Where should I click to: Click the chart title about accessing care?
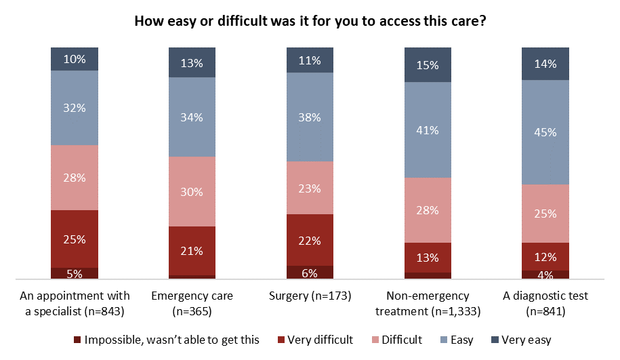310,21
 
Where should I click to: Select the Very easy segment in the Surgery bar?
310,60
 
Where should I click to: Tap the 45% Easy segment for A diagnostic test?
545,132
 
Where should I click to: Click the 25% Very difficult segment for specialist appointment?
75,239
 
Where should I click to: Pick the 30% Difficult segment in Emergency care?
192,191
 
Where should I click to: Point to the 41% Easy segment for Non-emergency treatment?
428,129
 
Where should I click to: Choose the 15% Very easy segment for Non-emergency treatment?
428,65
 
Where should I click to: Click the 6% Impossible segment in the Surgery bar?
310,273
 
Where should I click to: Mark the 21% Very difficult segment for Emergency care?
192,251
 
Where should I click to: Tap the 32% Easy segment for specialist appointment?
75,107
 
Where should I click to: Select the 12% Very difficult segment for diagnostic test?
545,256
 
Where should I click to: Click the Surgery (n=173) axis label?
310,296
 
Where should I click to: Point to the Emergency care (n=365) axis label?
192,302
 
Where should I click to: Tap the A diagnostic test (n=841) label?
545,302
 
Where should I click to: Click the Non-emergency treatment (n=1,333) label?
428,302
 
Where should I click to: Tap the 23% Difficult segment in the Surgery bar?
310,188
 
